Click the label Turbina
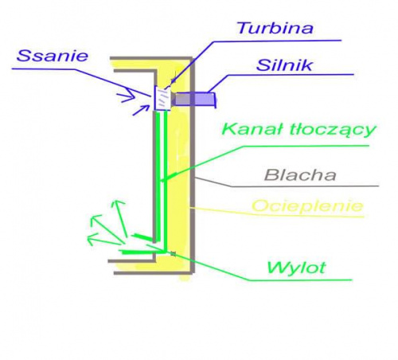click(x=275, y=29)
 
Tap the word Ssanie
click(x=53, y=56)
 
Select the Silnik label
click(x=284, y=65)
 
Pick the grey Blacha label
click(x=300, y=175)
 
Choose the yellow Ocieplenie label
click(x=307, y=205)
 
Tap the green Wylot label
click(x=296, y=268)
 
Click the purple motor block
click(x=194, y=100)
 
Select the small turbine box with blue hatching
click(x=162, y=99)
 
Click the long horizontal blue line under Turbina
click(x=277, y=41)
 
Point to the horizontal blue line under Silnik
click(x=291, y=75)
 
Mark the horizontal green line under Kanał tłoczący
click(x=306, y=146)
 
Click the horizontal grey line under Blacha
click(x=305, y=186)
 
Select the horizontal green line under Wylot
click(x=300, y=280)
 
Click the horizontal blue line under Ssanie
click(x=43, y=69)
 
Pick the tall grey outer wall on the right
click(x=193, y=165)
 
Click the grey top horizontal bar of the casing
click(x=151, y=58)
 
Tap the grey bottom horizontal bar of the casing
click(x=153, y=272)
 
